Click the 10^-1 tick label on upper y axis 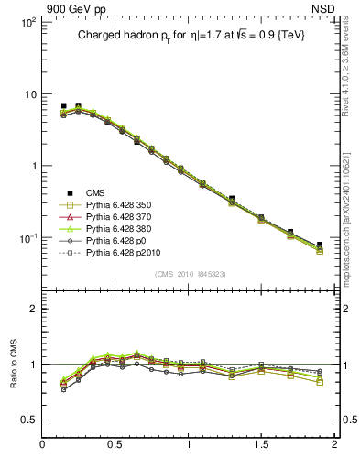tap(26, 238)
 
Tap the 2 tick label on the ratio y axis tap(32, 309)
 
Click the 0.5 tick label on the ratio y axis tap(27, 420)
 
